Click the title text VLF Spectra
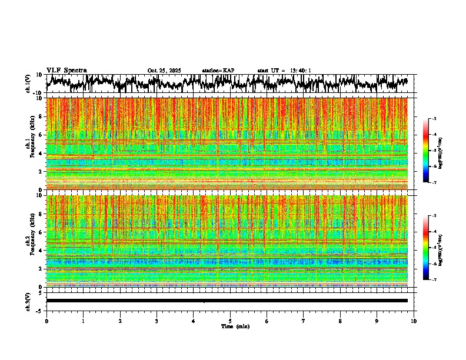point(66,70)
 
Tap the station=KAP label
point(218,71)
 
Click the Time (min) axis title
point(235,326)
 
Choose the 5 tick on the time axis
point(230,321)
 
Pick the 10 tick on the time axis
point(414,321)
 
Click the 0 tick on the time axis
point(46,321)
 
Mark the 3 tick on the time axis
point(157,321)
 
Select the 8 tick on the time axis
point(340,321)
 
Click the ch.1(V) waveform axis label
point(28,84)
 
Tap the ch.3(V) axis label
point(28,300)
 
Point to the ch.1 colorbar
point(431,151)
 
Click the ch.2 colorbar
point(431,248)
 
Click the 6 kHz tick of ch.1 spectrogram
point(42,135)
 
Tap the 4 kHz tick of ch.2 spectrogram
point(42,251)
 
